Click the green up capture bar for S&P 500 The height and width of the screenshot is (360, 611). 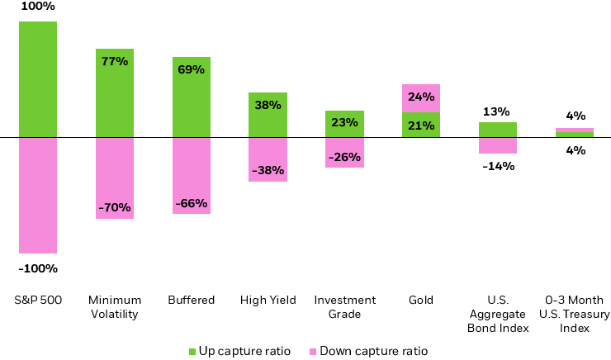tap(38, 79)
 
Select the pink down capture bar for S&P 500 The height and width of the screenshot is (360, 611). tap(38, 195)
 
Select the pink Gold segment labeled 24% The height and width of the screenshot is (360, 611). tap(421, 97)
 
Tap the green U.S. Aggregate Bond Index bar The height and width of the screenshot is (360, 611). tap(498, 130)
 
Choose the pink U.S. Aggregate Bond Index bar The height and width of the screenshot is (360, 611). tap(498, 145)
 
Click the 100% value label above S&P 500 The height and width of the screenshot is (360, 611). tap(38, 7)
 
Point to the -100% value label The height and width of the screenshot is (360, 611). tap(38, 268)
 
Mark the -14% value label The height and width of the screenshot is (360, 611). tap(498, 166)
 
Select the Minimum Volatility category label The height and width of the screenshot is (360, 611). tap(115, 306)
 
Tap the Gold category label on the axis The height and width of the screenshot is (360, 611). tap(421, 300)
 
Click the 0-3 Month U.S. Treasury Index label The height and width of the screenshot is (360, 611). tap(574, 314)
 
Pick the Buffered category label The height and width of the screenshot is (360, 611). tap(191, 300)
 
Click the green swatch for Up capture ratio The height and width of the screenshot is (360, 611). tap(193, 351)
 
